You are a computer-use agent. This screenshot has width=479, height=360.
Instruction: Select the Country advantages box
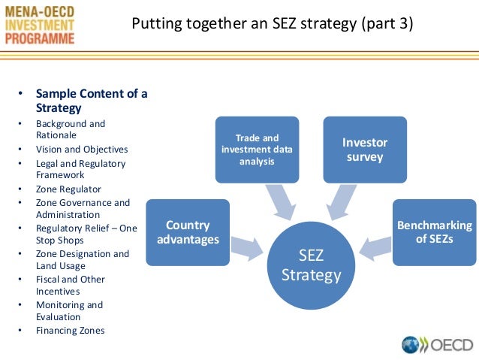point(188,232)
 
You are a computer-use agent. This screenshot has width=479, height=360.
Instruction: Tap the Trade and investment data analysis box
point(257,149)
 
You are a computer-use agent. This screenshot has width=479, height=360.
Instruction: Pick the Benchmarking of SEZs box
point(434,232)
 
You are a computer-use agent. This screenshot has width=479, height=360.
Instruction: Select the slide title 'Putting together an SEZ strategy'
point(272,24)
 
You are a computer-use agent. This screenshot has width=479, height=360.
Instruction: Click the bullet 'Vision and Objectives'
point(82,150)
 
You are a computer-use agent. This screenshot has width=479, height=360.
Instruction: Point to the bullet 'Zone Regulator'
point(68,189)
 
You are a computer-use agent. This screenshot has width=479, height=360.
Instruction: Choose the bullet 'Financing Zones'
point(70,331)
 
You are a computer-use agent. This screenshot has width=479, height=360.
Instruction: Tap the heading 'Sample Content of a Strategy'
point(92,101)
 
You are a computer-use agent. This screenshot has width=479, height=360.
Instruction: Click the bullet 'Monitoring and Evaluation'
point(69,311)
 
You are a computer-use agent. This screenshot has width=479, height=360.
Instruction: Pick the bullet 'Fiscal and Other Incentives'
point(71,285)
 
